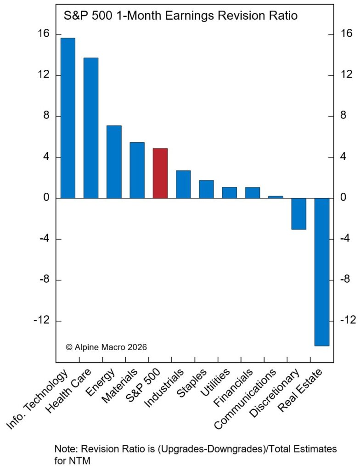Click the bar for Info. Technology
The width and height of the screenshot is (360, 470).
68,118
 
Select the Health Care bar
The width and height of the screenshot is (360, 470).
91,128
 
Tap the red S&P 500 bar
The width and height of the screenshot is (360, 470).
160,173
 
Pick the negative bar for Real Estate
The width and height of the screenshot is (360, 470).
322,272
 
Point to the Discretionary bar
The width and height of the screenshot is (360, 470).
299,214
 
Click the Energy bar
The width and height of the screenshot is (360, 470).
114,162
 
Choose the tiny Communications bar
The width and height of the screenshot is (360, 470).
276,197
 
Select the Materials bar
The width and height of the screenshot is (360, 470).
137,170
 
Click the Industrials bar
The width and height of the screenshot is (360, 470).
183,185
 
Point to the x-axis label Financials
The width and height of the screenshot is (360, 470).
239,386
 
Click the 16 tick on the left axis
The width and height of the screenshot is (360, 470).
42,35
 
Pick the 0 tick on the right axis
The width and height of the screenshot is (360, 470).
343,198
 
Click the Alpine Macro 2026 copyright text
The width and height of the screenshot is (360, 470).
107,347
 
